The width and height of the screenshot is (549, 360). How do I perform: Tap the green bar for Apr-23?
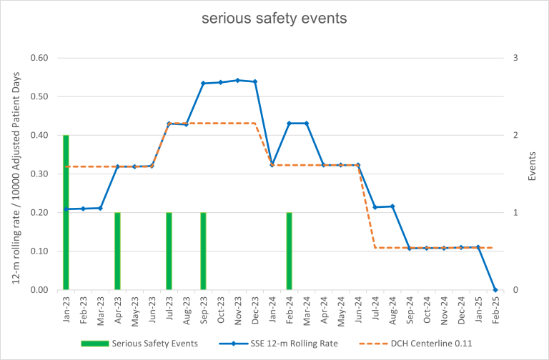pos(117,251)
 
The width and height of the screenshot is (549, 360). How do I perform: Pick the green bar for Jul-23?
pos(169,251)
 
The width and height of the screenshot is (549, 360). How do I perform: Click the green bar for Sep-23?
pos(203,251)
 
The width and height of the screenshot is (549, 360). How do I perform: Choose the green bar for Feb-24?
pos(289,251)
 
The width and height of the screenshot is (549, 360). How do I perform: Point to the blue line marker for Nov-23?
pos(237,80)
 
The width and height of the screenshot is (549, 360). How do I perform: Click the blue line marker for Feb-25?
pos(495,289)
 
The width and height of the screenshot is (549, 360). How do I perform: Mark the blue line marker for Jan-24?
pos(272,165)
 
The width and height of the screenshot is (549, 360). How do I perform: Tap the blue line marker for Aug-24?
pos(392,206)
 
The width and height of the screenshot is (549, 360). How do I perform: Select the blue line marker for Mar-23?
pos(100,208)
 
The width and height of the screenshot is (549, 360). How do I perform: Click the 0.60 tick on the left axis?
pos(37,58)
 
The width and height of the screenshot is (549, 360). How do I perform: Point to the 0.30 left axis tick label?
pos(37,174)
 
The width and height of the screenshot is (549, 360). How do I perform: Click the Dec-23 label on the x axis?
pos(255,309)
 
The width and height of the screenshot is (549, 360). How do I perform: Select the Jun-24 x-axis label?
pos(358,309)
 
